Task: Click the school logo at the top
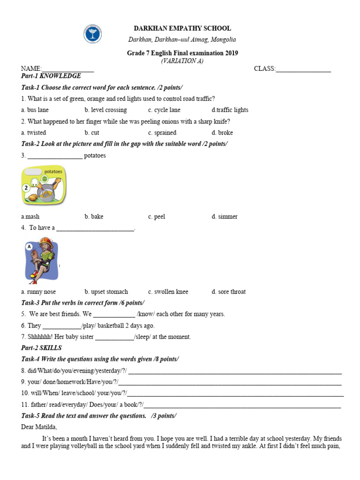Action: tap(92, 34)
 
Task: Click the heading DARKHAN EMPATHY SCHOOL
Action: tap(182, 29)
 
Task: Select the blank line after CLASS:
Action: tap(303, 70)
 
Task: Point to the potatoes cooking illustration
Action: tap(44, 186)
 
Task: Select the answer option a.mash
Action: tap(30, 217)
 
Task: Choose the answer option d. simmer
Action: tap(225, 217)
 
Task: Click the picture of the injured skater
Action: tap(41, 261)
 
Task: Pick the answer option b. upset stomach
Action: tap(106, 292)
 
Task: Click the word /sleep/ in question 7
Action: tap(145, 337)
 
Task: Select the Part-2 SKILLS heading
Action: tap(41, 348)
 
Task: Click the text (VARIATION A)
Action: tap(182, 61)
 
